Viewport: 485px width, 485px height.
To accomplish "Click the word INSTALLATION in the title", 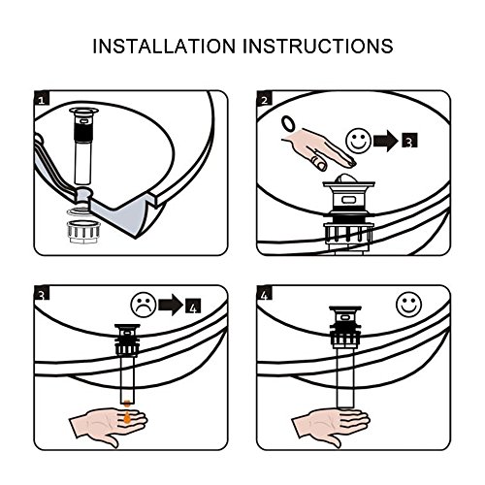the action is point(164,47).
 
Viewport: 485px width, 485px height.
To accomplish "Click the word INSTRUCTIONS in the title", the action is point(318,47).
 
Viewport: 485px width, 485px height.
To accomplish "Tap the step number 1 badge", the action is point(42,98).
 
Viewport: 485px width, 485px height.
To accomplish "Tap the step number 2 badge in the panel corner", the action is point(265,98).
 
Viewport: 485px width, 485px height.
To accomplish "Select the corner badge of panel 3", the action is point(42,293).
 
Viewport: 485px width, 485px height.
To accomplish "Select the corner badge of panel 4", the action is point(265,293).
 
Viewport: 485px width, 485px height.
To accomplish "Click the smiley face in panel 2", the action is point(358,141).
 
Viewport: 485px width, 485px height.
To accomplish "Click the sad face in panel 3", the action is point(144,305).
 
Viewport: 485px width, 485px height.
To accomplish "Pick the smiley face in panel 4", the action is point(409,305).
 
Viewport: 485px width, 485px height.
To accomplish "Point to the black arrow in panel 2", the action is point(386,141).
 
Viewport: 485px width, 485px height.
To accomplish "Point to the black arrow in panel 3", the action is point(171,305).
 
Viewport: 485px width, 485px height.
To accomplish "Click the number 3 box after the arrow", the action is point(409,141).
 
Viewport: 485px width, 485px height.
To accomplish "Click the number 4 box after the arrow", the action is point(193,306).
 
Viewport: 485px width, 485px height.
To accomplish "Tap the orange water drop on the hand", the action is point(127,417).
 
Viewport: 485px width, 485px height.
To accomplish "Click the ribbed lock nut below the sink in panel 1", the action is point(83,232).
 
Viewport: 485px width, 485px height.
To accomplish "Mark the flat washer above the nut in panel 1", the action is point(79,211).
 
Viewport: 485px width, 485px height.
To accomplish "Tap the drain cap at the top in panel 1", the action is point(83,112).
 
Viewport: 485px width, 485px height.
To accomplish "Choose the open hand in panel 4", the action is point(330,425).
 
